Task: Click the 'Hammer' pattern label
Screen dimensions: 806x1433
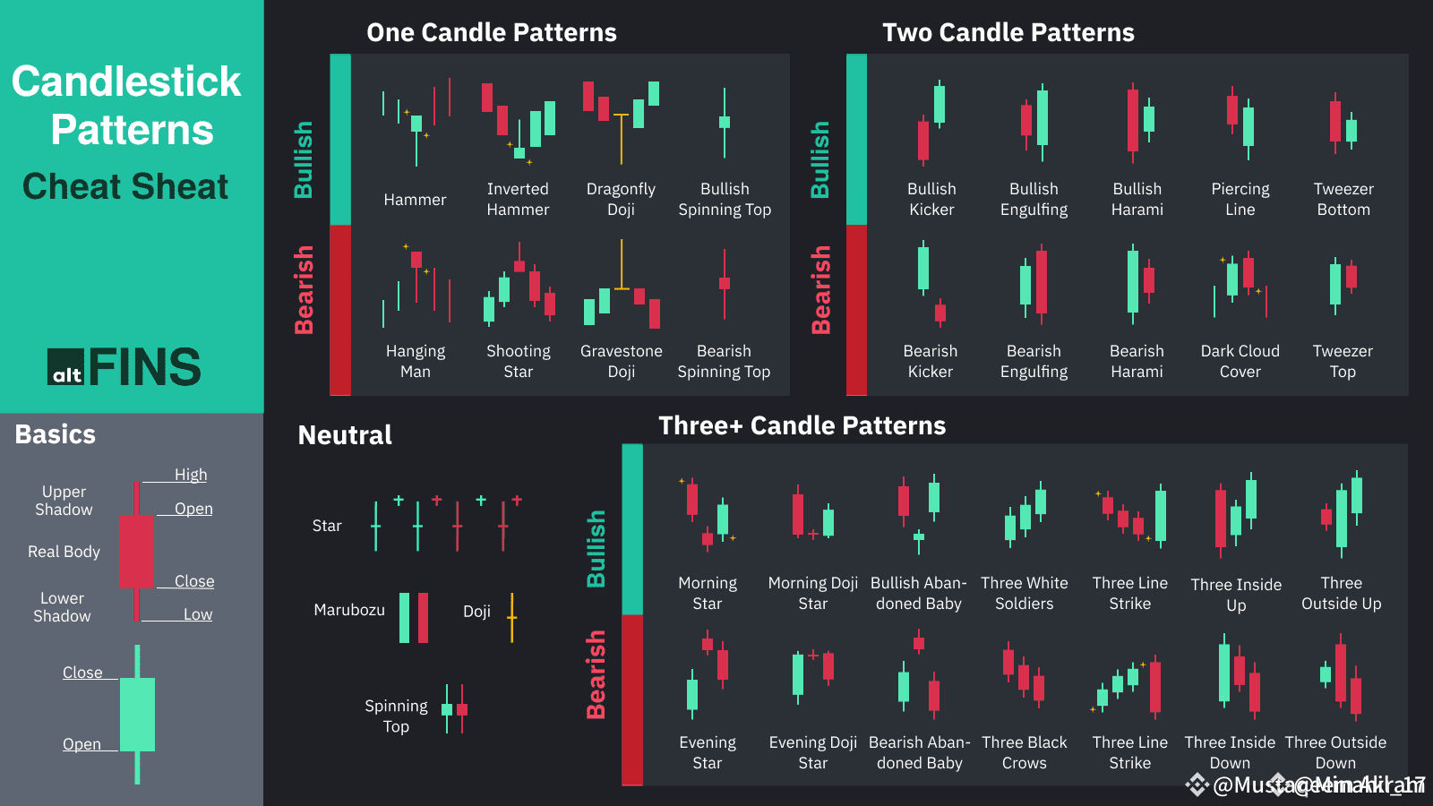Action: click(415, 200)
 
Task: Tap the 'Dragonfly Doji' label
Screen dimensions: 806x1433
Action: click(621, 199)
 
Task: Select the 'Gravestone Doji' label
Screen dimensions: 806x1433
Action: click(621, 361)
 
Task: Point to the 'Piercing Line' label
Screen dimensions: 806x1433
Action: click(1240, 199)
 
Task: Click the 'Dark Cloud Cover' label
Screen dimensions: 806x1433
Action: click(1240, 361)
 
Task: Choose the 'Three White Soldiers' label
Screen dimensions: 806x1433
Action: click(1024, 593)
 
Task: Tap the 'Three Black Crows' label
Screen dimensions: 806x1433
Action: click(1024, 752)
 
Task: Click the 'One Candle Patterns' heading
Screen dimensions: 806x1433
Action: click(492, 33)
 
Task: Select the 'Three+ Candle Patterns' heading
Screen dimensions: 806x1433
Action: click(802, 426)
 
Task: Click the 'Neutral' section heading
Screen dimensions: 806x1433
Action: click(345, 435)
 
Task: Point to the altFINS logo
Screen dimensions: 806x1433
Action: click(124, 367)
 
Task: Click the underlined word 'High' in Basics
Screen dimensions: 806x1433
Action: click(190, 475)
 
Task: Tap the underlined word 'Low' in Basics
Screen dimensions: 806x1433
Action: click(198, 614)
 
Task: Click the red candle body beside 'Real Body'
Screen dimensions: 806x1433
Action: click(136, 551)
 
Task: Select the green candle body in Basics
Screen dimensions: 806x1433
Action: click(137, 714)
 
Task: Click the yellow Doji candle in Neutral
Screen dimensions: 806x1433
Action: click(512, 617)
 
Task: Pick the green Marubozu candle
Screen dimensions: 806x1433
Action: click(404, 617)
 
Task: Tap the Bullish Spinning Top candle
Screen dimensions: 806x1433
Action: click(725, 123)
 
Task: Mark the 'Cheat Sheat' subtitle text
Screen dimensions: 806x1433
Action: click(125, 186)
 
